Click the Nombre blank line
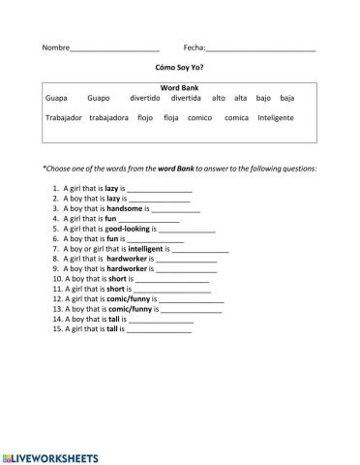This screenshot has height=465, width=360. (x=114, y=49)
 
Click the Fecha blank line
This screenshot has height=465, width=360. (x=260, y=49)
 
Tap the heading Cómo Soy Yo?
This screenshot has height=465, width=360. (x=180, y=70)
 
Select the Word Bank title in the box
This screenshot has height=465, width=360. (x=180, y=87)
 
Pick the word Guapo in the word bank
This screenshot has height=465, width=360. (x=99, y=98)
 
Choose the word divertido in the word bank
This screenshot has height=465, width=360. (x=144, y=98)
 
